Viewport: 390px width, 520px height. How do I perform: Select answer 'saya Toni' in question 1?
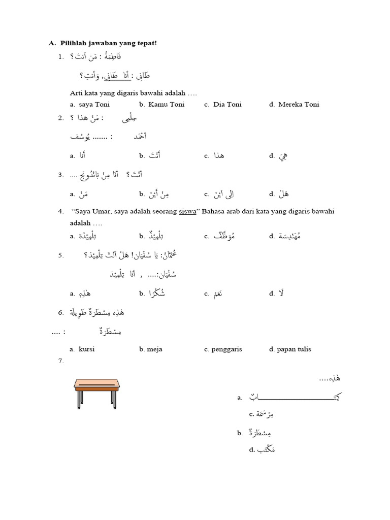(94, 105)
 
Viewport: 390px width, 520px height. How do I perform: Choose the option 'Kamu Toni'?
(166, 105)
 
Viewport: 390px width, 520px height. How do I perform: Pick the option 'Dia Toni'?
(227, 105)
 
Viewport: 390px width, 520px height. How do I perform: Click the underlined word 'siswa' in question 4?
(187, 211)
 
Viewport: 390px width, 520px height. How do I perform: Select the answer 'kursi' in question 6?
(86, 349)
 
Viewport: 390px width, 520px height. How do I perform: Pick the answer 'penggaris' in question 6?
(227, 349)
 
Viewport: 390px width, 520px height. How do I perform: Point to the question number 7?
(61, 361)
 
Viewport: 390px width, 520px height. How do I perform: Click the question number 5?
(61, 255)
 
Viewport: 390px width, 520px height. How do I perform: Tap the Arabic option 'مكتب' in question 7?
(266, 450)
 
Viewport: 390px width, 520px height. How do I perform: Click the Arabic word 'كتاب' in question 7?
(295, 397)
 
